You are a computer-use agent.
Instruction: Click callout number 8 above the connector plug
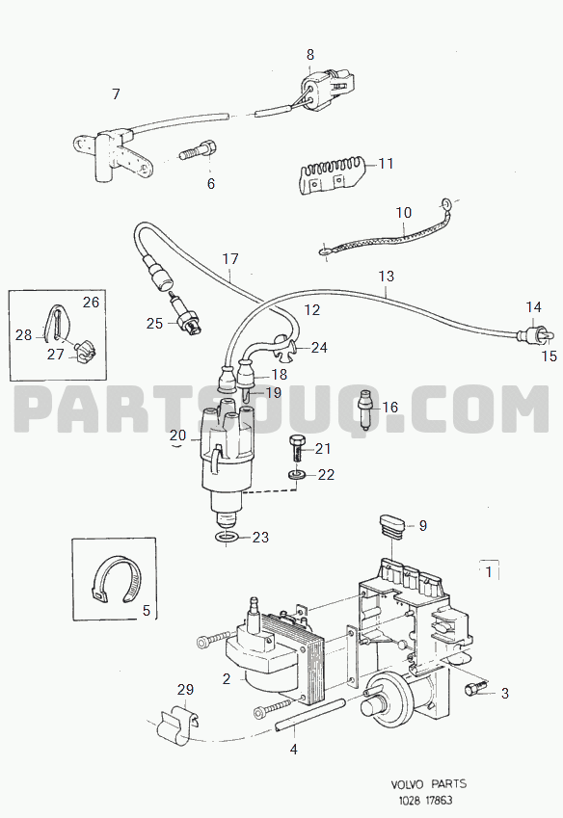310,54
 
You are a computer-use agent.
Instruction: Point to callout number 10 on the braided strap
403,212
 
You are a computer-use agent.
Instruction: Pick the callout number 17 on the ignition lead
230,259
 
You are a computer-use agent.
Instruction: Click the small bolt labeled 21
295,448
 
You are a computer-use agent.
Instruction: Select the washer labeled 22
297,475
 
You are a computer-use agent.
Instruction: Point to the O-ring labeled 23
226,538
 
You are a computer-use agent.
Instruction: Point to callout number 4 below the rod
294,750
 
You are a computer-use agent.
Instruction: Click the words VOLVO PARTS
429,783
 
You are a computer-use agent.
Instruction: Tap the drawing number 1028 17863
423,801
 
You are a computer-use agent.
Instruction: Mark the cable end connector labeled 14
531,334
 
